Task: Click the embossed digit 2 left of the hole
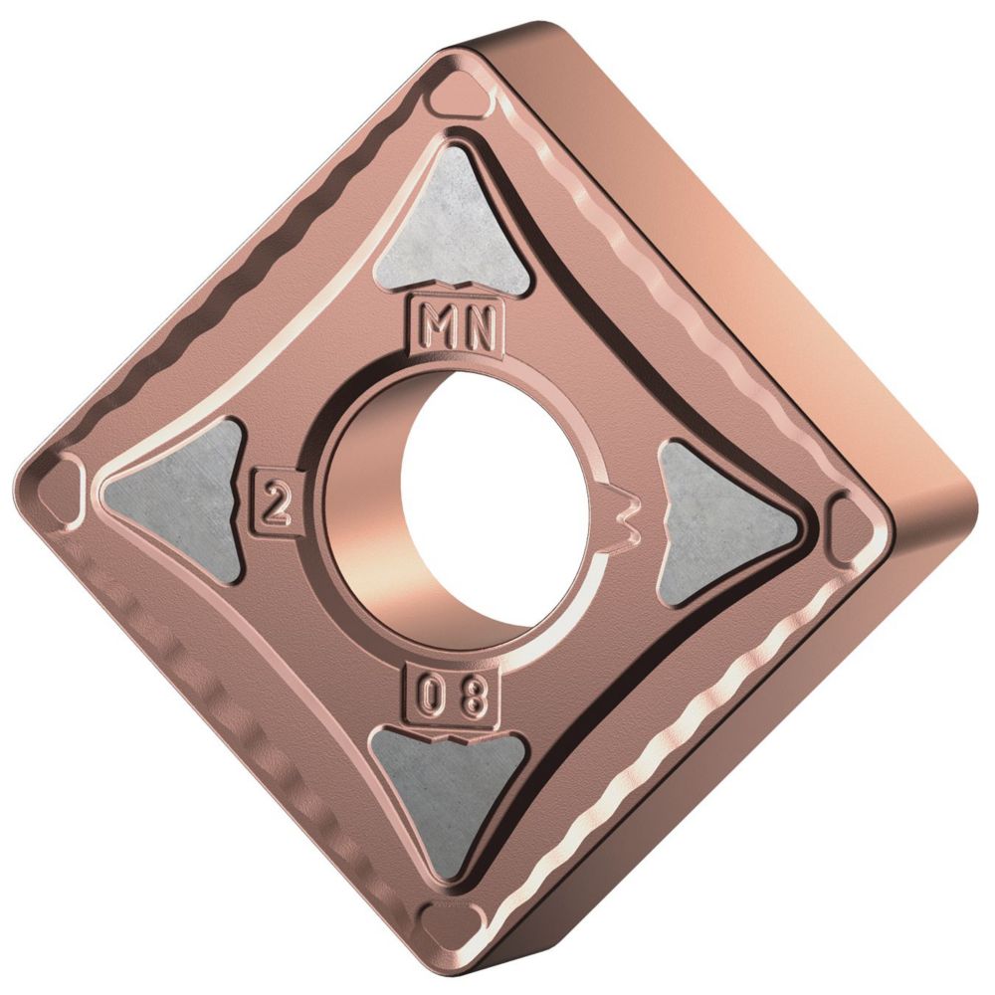pyautogui.click(x=274, y=504)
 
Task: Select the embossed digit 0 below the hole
pyautogui.click(x=431, y=694)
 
